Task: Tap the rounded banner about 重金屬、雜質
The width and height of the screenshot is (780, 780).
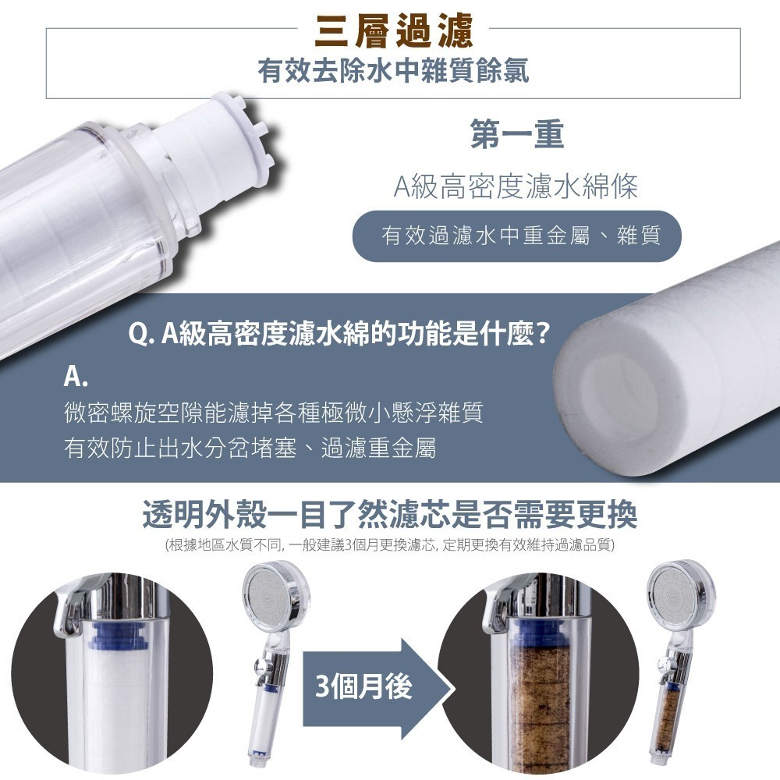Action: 516,236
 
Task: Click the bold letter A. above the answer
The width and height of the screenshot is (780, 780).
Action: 76,379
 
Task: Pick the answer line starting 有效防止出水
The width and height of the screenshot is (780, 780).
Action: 250,448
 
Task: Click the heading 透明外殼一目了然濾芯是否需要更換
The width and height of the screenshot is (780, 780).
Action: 390,514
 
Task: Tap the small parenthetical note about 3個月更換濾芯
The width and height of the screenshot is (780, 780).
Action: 390,544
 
